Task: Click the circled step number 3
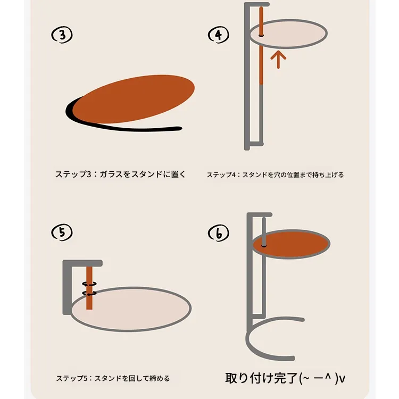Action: point(62,35)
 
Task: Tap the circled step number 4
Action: point(218,35)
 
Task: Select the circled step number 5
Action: point(62,232)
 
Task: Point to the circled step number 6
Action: point(218,233)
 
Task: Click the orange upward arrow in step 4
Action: point(278,59)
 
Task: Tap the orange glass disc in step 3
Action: point(134,99)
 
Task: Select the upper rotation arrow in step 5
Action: point(89,284)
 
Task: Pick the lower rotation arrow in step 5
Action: point(89,293)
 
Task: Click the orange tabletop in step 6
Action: point(292,244)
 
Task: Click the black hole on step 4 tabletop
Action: point(261,35)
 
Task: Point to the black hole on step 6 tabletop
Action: point(264,246)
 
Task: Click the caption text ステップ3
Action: point(73,174)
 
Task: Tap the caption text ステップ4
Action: point(221,175)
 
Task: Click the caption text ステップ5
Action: point(72,378)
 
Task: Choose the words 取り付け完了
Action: point(262,378)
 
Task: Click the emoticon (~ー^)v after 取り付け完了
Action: point(322,378)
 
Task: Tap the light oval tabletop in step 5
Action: point(131,309)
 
